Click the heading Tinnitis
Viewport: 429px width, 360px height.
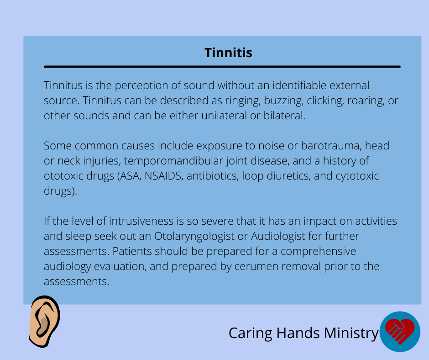(228, 53)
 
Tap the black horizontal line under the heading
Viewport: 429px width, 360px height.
(222, 67)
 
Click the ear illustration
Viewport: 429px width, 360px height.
(45, 321)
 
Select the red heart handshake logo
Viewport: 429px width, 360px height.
(400, 331)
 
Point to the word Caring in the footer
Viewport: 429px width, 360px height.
(251, 334)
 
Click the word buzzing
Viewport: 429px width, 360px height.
(284, 101)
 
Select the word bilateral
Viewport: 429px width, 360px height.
(284, 115)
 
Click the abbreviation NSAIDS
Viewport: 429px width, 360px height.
(163, 176)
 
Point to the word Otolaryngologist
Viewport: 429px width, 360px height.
(194, 237)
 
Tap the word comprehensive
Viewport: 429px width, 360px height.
(318, 252)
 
